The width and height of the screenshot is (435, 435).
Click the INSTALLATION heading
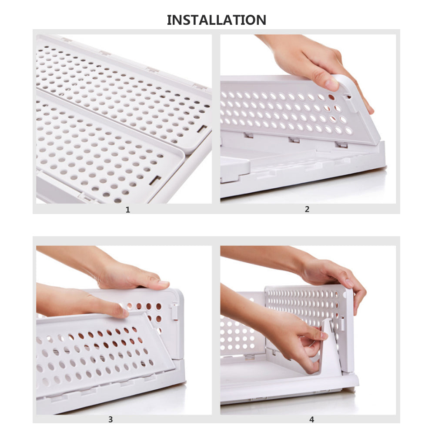tap(216, 20)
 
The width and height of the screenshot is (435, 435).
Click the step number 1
tap(128, 210)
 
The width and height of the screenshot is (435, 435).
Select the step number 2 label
tap(307, 209)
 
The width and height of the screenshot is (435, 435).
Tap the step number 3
tap(110, 419)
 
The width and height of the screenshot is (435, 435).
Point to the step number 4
tap(311, 419)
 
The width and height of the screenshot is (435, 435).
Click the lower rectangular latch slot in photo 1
tap(155, 180)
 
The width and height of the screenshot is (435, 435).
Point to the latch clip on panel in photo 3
tap(174, 311)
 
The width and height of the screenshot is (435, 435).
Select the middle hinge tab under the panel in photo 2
tap(294, 140)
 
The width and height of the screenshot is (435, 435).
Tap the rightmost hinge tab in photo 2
tap(341, 145)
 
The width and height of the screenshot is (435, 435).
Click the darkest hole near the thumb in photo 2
tap(331, 97)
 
